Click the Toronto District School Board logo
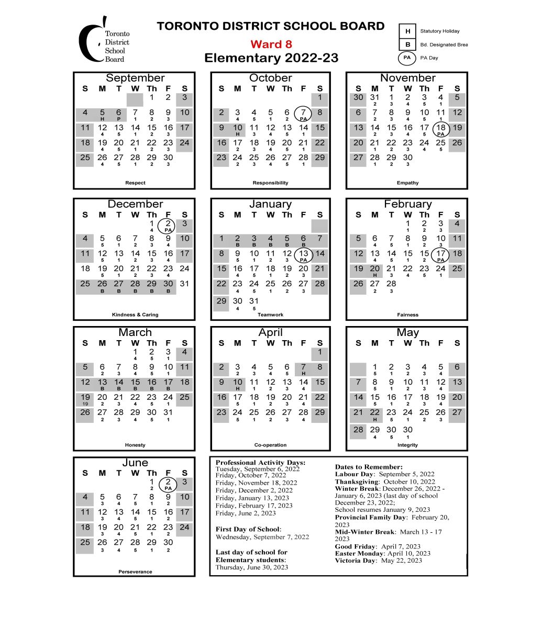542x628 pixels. pyautogui.click(x=104, y=41)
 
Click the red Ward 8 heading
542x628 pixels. pyautogui.click(x=271, y=44)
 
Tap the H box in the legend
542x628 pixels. pyautogui.click(x=407, y=31)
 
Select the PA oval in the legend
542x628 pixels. pyautogui.click(x=407, y=58)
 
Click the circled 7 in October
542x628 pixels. pyautogui.click(x=303, y=114)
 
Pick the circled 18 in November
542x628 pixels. pyautogui.click(x=441, y=129)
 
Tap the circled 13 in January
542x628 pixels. pyautogui.click(x=303, y=255)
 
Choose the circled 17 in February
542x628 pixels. pyautogui.click(x=441, y=255)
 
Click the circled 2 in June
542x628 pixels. pyautogui.click(x=168, y=484)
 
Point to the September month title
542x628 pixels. pyautogui.click(x=135, y=78)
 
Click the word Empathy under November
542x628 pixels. pyautogui.click(x=407, y=183)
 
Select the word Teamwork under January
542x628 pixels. pyautogui.click(x=270, y=315)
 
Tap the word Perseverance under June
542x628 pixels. pyautogui.click(x=135, y=571)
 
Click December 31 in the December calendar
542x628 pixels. pyautogui.click(x=184, y=284)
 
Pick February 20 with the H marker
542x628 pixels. pyautogui.click(x=374, y=270)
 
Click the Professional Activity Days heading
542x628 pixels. pyautogui.click(x=260, y=463)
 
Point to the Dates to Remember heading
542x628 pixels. pyautogui.click(x=369, y=467)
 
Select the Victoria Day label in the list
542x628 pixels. pyautogui.click(x=356, y=560)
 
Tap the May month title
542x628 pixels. pyautogui.click(x=407, y=332)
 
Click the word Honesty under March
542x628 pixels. pyautogui.click(x=135, y=445)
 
